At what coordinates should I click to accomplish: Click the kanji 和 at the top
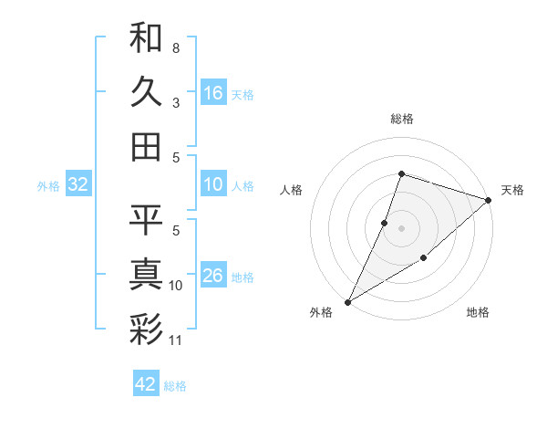coord(146,37)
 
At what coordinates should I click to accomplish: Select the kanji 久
coord(146,91)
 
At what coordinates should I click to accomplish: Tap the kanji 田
coord(146,146)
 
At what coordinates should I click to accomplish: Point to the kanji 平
coord(146,219)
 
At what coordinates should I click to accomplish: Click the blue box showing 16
coord(213,93)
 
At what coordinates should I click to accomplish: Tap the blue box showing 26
coord(213,277)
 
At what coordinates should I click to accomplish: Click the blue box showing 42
coord(146,384)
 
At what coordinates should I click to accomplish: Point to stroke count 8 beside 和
coord(176,47)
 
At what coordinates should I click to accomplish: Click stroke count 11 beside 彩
coord(176,340)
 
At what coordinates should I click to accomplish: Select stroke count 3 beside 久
coord(176,102)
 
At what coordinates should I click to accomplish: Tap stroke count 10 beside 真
coord(176,286)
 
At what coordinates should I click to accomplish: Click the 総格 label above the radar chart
coord(401,119)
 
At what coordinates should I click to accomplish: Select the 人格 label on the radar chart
coord(292,190)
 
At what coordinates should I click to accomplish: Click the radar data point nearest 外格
coord(347,301)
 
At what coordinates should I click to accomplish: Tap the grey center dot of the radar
coord(401,227)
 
